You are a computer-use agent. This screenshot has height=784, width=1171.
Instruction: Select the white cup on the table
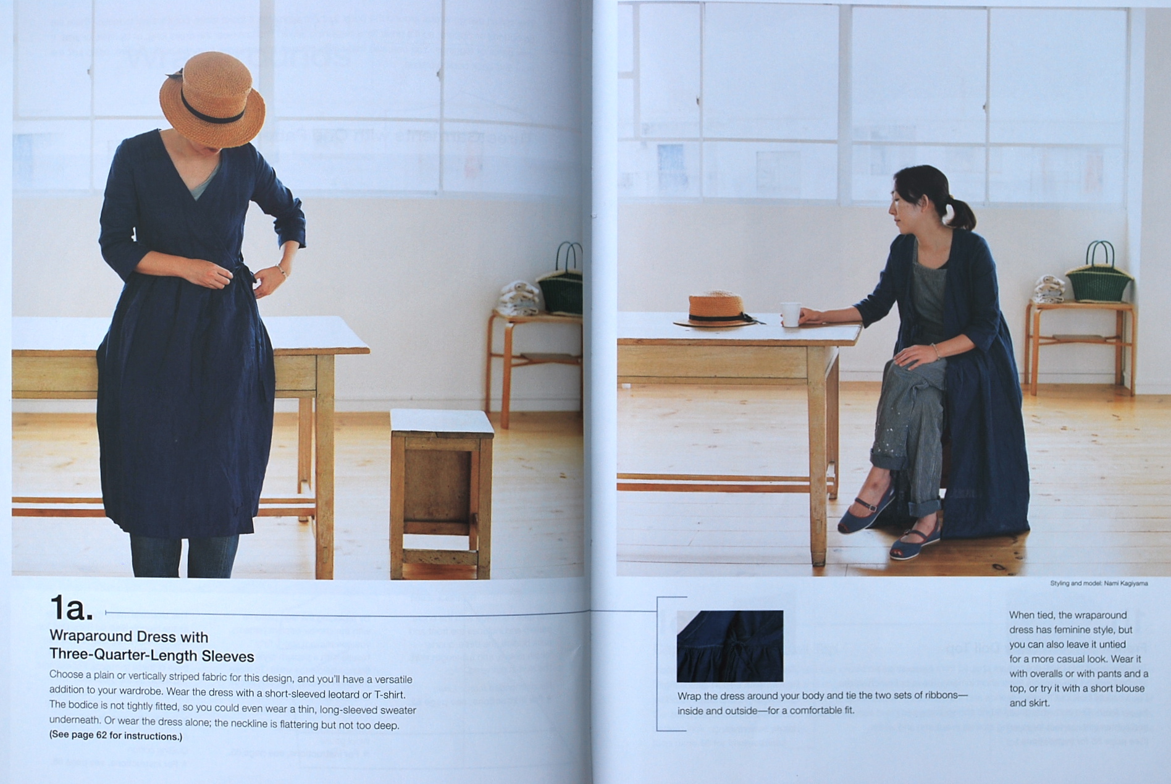tap(791, 314)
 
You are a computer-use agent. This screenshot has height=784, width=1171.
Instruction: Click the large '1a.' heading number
tap(71, 608)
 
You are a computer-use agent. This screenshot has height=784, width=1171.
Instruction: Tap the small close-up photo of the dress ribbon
tap(730, 646)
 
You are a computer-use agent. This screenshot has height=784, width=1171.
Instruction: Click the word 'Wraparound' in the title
tap(91, 636)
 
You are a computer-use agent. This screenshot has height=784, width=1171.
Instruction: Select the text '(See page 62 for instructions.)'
tap(115, 736)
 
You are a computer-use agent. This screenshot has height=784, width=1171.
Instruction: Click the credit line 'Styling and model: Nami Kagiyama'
tap(1099, 583)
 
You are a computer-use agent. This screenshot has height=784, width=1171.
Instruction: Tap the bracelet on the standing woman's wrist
tap(282, 270)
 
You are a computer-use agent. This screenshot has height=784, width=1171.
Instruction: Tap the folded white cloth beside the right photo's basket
tap(1047, 289)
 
